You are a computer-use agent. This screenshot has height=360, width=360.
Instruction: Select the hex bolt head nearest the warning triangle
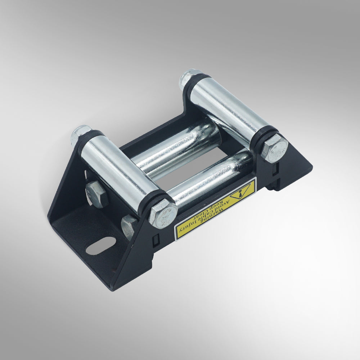click(275, 148)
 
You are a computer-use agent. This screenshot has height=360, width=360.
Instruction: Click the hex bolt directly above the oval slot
click(97, 193)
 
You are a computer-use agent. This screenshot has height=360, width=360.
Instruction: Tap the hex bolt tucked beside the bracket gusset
click(129, 226)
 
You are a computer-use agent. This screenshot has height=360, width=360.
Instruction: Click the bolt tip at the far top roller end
click(187, 77)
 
